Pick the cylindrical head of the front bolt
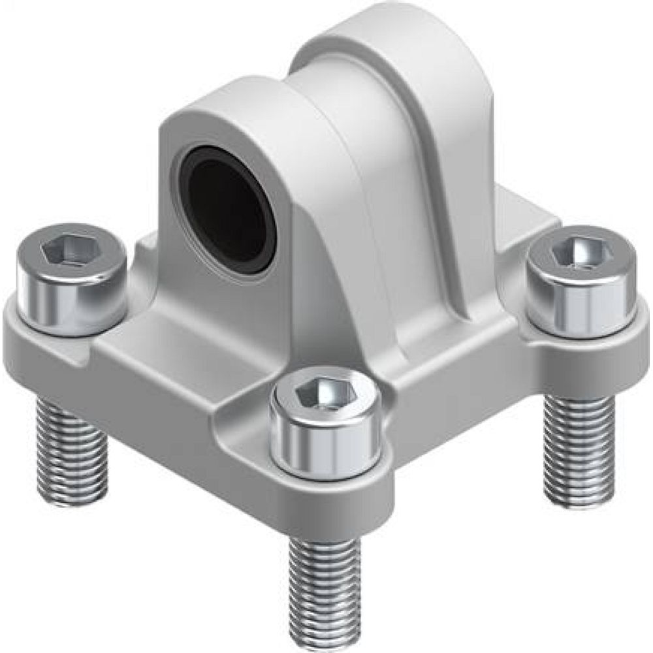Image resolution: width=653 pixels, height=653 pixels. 325,444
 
